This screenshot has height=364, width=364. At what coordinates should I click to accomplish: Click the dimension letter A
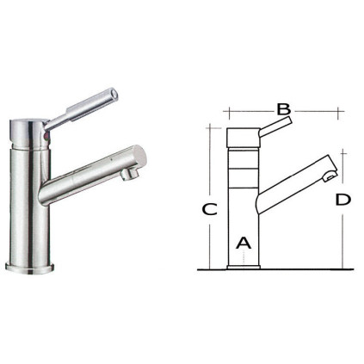pyautogui.click(x=244, y=243)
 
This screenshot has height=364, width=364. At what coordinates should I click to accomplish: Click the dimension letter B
pyautogui.click(x=284, y=109)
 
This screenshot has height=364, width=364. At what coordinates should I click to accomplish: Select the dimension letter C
pyautogui.click(x=209, y=209)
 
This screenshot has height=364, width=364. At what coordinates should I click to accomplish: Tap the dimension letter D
pyautogui.click(x=343, y=200)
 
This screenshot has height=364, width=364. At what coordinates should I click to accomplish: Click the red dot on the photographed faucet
pyautogui.click(x=46, y=137)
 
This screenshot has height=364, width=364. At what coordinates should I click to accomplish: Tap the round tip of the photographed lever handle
pyautogui.click(x=114, y=94)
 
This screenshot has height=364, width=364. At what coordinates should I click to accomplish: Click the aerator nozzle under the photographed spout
pyautogui.click(x=130, y=174)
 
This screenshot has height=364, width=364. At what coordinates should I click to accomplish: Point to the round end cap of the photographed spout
pyautogui.click(x=139, y=157)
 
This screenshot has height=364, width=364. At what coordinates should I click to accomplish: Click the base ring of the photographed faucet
pyautogui.click(x=29, y=268)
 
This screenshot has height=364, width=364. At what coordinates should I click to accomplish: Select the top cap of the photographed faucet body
pyautogui.click(x=29, y=133)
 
